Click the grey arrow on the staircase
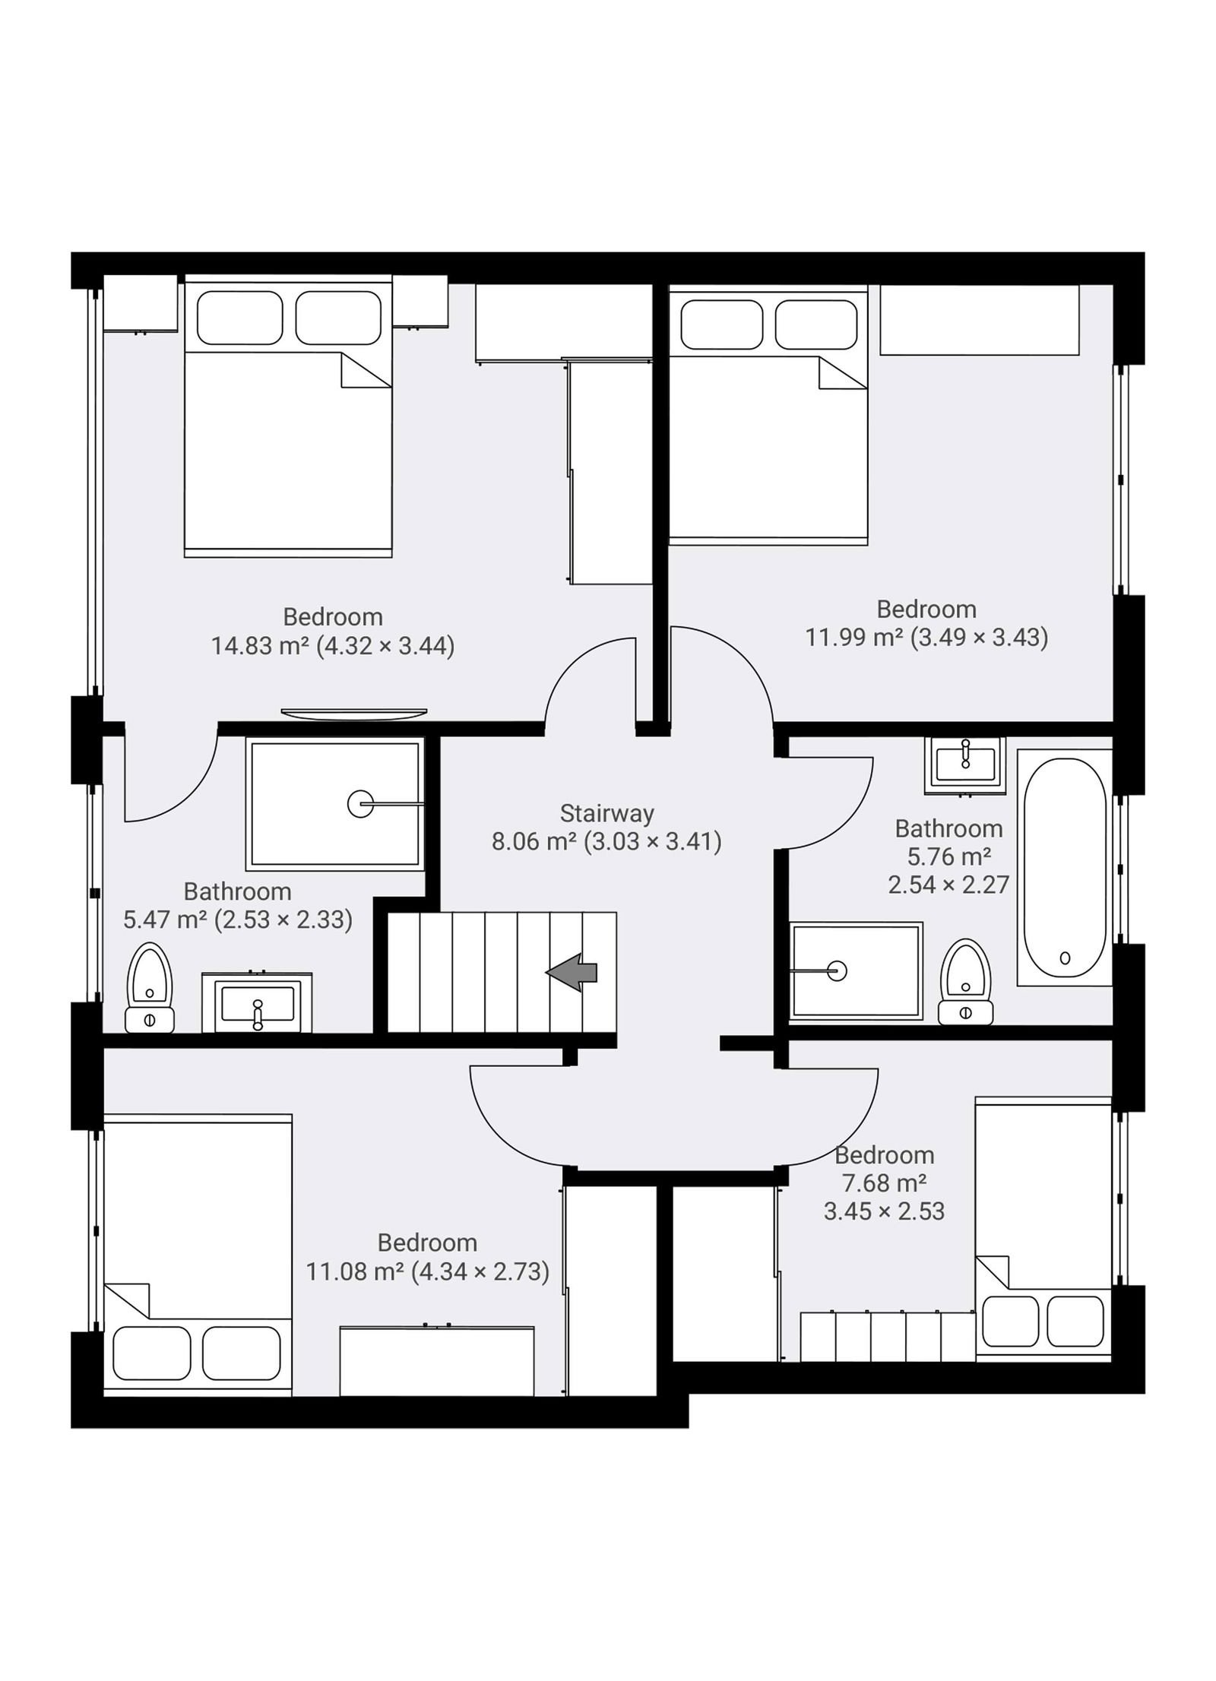(x=572, y=973)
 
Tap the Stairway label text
(x=606, y=813)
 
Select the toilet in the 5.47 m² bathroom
(x=150, y=987)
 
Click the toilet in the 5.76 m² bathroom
(x=965, y=982)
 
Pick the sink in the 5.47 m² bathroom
(x=257, y=1004)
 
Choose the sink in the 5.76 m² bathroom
(x=965, y=765)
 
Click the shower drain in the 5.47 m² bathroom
(x=360, y=803)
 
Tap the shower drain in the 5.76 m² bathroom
(x=837, y=971)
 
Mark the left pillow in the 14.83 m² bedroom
(x=239, y=318)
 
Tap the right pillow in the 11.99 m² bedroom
(x=815, y=324)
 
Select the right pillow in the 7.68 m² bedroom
(x=1075, y=1322)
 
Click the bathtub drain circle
(x=1065, y=959)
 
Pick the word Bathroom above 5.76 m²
(x=948, y=828)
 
